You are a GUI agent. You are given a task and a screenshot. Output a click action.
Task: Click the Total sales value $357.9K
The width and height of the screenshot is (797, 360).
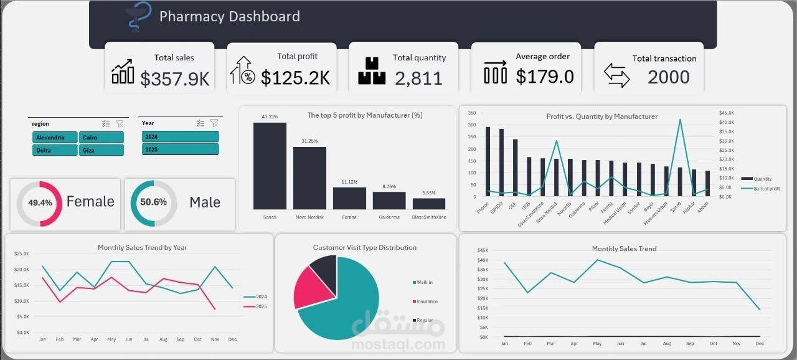(175, 78)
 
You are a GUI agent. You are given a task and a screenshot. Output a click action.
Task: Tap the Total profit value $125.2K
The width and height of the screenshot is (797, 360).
(295, 78)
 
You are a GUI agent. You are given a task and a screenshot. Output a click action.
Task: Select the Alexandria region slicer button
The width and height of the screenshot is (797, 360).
(55, 138)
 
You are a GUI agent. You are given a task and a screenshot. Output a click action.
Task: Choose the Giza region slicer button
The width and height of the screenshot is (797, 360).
(101, 150)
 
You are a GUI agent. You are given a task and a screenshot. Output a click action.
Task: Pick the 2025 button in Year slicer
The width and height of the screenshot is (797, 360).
(180, 149)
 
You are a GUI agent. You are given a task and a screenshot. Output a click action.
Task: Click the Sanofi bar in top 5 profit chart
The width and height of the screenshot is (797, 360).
(270, 166)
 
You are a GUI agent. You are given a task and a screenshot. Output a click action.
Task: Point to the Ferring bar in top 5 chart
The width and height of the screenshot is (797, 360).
(349, 198)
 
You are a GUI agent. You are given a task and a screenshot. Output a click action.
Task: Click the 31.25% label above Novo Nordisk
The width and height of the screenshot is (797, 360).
(309, 141)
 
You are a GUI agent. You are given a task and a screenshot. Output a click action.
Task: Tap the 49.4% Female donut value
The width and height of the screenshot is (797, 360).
(40, 203)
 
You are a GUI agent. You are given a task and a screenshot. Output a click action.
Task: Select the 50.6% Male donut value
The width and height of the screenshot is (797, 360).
(153, 202)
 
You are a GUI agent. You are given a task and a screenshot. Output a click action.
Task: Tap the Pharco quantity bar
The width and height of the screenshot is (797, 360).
(488, 162)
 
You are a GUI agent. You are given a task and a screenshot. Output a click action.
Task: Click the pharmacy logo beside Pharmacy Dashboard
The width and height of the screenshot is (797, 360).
(134, 17)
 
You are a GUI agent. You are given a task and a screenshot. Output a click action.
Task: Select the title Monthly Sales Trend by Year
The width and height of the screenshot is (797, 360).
(142, 247)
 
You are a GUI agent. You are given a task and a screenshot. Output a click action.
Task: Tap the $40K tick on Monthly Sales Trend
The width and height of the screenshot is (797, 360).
(483, 260)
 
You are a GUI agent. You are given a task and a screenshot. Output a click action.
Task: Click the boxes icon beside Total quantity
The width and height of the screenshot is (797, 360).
(372, 71)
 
